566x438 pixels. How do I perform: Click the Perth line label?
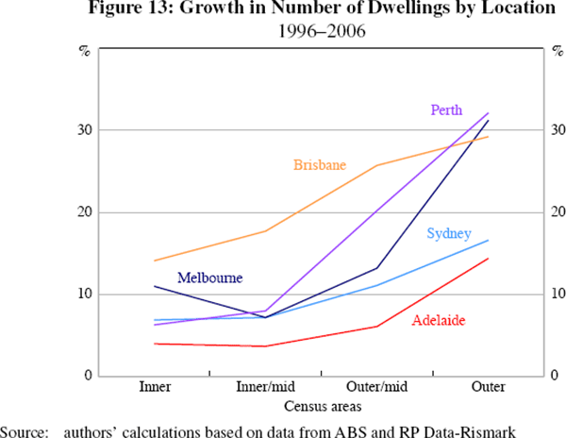(x=446, y=109)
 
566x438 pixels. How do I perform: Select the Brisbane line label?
(x=320, y=165)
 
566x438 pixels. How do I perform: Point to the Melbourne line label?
(x=209, y=278)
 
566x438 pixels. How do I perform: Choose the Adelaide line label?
(x=439, y=321)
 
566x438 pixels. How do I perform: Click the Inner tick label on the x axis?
(x=155, y=388)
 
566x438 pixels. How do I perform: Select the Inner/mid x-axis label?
(x=266, y=388)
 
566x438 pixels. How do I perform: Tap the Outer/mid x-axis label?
(x=378, y=388)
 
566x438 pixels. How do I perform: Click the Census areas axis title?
(x=322, y=406)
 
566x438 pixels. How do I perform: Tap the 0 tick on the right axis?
(x=556, y=377)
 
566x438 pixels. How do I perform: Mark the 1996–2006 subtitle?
(x=322, y=31)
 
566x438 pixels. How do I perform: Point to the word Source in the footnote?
(x=25, y=430)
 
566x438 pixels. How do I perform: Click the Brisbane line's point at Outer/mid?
(x=378, y=165)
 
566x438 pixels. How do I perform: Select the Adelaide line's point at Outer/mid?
(x=378, y=327)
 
